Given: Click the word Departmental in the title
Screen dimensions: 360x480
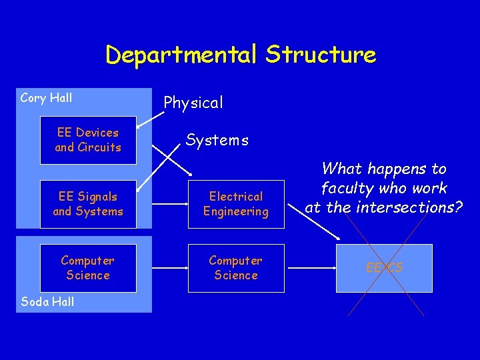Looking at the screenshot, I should click(181, 55).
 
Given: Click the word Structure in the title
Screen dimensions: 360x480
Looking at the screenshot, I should click(321, 55).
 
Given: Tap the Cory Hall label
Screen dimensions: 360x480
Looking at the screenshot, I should click(46, 98).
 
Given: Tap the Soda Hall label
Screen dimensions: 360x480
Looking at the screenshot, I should click(47, 301).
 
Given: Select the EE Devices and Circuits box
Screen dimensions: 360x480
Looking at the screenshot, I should click(88, 140).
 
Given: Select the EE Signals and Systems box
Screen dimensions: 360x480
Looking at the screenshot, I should click(88, 204).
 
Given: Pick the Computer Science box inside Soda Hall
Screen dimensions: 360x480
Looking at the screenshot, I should click(88, 268).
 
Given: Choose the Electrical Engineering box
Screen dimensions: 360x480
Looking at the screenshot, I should click(236, 204).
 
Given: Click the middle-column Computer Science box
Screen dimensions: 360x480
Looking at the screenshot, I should click(236, 268).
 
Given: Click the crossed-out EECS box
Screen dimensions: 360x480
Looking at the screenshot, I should click(384, 268).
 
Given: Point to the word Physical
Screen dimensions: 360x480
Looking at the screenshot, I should click(193, 103).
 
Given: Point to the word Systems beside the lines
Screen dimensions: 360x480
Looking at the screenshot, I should click(217, 140).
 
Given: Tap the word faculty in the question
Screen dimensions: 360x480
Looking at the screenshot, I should click(346, 189).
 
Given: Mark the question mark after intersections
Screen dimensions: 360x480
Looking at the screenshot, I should click(458, 207).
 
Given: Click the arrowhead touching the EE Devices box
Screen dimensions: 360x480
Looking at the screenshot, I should click(139, 125).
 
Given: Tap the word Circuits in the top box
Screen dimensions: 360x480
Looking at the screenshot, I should click(99, 147).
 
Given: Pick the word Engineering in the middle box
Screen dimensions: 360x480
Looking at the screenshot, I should click(236, 211).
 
